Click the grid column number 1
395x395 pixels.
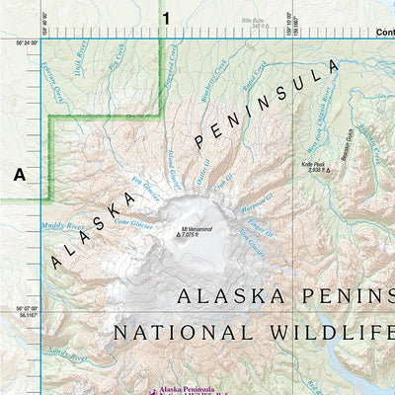coord(166,17)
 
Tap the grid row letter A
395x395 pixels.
coord(19,175)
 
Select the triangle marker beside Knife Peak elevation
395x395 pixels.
coord(329,170)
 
